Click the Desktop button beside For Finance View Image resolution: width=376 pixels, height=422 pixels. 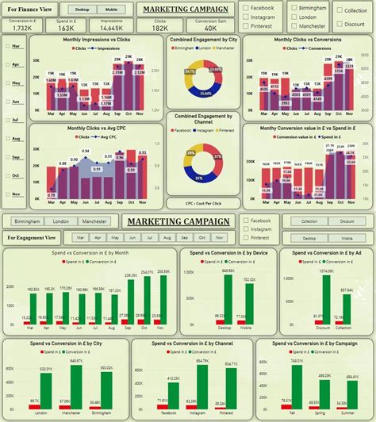click(81, 9)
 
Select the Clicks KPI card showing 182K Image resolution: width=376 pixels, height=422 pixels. click(160, 27)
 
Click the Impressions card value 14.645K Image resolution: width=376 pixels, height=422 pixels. click(111, 27)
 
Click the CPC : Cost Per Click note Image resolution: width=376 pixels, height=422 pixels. click(202, 203)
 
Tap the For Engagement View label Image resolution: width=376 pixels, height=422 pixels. click(32, 236)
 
